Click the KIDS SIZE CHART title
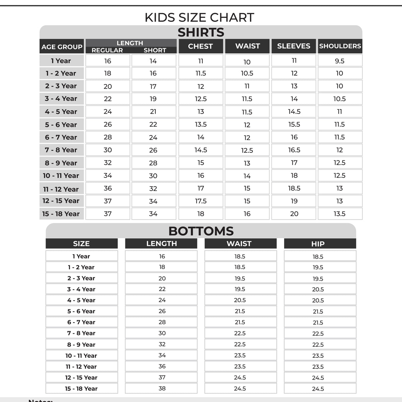[x=199, y=17]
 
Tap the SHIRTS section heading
[x=201, y=32]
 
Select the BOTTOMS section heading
[x=201, y=231]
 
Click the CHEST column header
[x=200, y=46]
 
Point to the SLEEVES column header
[x=293, y=46]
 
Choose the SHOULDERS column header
[x=340, y=46]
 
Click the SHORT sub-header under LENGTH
[x=155, y=50]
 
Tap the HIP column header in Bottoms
[x=318, y=244]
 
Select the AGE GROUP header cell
[x=62, y=47]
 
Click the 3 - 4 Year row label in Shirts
[x=61, y=99]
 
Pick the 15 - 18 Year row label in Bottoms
[x=81, y=389]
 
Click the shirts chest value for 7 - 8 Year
[x=201, y=150]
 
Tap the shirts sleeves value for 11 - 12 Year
[x=294, y=188]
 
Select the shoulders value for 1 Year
[x=339, y=61]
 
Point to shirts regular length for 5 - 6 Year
[x=108, y=124]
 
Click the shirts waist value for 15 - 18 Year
[x=247, y=214]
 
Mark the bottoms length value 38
[x=162, y=388]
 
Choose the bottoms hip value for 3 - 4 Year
[x=318, y=289]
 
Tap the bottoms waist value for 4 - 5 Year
[x=240, y=300]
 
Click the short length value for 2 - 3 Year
[x=153, y=86]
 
